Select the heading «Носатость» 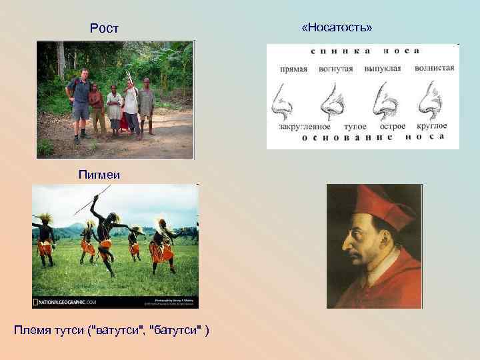tap(337, 27)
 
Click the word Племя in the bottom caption tap(31, 332)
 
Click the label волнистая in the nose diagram tap(433, 68)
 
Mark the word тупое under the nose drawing tap(354, 125)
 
